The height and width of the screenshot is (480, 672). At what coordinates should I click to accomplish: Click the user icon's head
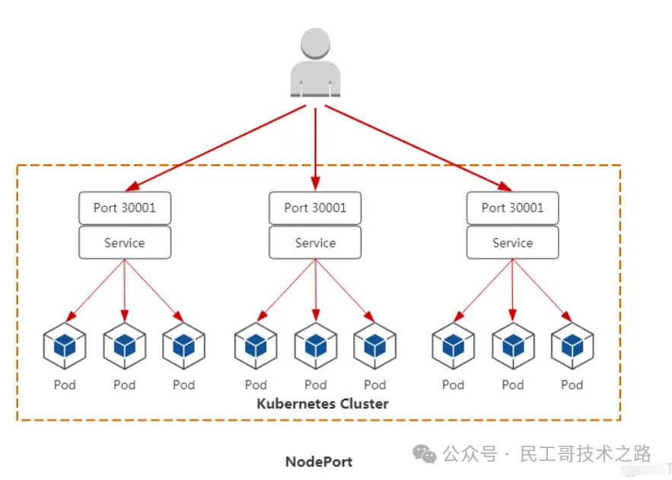[315, 43]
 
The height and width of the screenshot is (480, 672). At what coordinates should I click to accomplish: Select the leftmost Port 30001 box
[125, 208]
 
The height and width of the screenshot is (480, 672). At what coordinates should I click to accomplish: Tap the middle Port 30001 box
[315, 208]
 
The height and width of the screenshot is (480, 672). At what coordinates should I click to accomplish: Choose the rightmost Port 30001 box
[513, 208]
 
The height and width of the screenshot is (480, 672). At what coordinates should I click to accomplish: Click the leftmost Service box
[125, 243]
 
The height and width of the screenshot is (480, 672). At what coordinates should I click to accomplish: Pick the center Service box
[315, 243]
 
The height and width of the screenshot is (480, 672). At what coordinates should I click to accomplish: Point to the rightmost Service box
[513, 243]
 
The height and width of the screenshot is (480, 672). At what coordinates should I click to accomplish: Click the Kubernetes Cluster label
[323, 403]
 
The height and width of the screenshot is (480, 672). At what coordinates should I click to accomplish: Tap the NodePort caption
[320, 462]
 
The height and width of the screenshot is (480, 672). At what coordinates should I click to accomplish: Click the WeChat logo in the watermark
[425, 454]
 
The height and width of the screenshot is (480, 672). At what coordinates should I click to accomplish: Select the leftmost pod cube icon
[65, 346]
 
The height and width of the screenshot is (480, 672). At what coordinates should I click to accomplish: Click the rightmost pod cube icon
[572, 346]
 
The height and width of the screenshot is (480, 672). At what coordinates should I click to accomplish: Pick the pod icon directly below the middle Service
[316, 346]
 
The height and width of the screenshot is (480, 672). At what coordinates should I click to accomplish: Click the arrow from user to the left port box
[215, 148]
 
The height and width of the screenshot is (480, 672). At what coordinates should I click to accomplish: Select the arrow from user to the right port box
[419, 148]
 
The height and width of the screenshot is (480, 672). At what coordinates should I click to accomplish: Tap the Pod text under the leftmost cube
[65, 384]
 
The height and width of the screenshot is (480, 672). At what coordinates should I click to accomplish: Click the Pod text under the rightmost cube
[572, 384]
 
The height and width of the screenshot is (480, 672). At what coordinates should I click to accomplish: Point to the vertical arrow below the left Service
[125, 291]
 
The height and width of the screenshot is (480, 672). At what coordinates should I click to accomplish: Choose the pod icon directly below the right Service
[513, 346]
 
